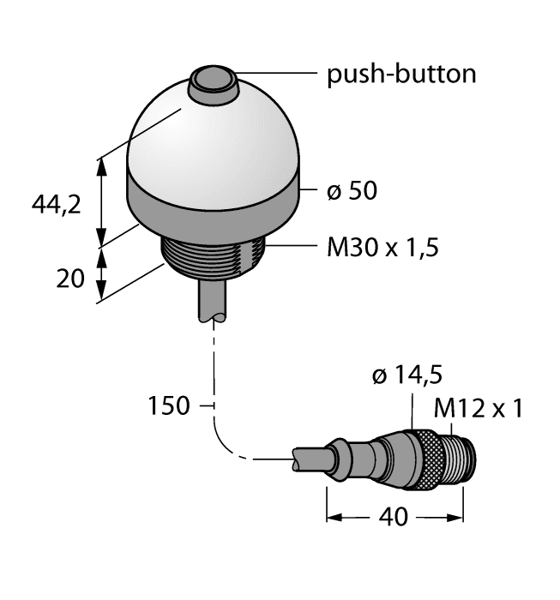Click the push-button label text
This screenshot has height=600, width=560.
[x=401, y=74]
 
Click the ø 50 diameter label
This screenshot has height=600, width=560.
[x=352, y=190]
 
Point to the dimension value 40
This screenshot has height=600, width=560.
[x=394, y=517]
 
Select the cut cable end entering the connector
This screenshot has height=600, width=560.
[x=313, y=460]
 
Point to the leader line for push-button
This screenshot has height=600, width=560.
[x=274, y=74]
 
